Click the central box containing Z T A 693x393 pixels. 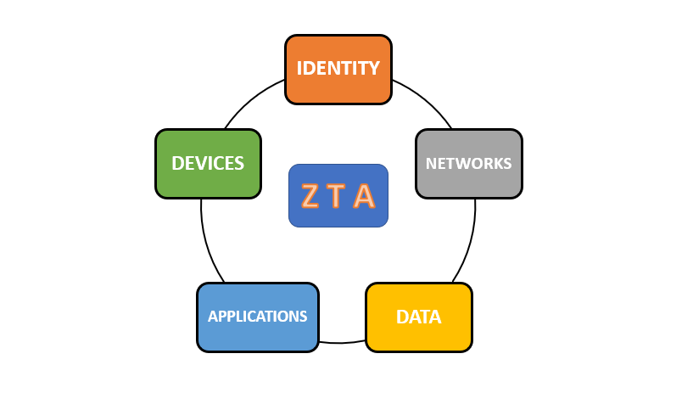338,196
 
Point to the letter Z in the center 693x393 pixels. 310,196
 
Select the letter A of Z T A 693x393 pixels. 364,196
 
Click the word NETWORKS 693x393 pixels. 468,163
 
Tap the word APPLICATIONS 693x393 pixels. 257,317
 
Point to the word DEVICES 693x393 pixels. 208,163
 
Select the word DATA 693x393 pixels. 418,317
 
